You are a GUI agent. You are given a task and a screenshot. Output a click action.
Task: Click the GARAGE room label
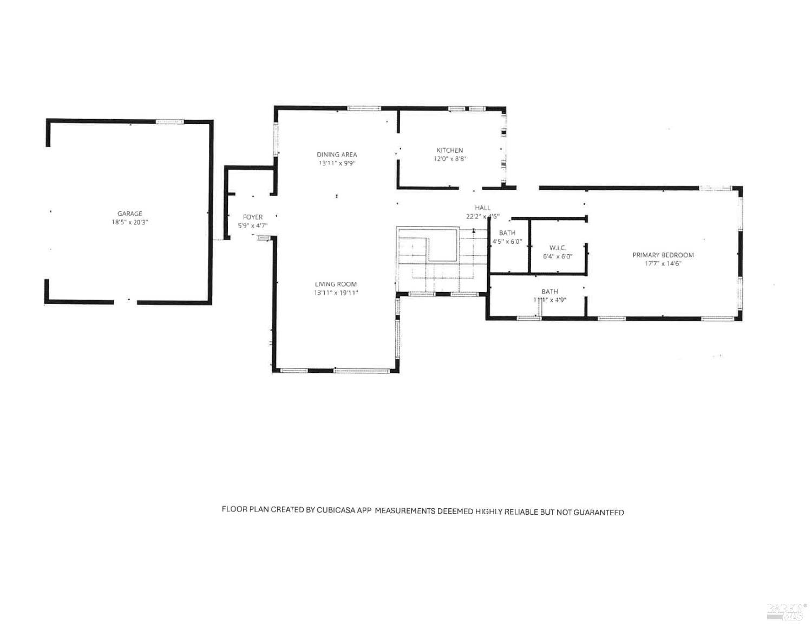pos(130,213)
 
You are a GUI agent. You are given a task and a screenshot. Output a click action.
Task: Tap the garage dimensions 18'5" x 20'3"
pos(130,222)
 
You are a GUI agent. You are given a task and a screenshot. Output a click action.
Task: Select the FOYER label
pos(253,217)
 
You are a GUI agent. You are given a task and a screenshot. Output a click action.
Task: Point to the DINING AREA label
pos(337,154)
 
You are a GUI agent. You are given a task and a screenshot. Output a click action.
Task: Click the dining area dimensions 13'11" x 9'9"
pos(337,163)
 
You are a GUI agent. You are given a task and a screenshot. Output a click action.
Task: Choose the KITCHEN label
pos(450,150)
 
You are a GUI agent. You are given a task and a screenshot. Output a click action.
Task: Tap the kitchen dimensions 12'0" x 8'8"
pos(450,159)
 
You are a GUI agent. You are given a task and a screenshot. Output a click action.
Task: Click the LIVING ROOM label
pos(336,284)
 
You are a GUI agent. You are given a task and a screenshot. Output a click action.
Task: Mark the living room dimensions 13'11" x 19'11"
pos(336,293)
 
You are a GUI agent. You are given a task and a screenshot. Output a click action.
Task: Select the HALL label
pos(482,208)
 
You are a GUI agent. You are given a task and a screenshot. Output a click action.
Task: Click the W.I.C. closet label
pos(558,248)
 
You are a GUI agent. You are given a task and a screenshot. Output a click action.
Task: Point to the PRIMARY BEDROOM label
pos(663,255)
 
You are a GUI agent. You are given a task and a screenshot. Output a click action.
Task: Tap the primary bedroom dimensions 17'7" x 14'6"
pos(663,263)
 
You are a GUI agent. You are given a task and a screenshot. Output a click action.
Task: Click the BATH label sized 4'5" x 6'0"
pos(507,233)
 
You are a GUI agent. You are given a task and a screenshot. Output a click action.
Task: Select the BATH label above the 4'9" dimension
pos(549,292)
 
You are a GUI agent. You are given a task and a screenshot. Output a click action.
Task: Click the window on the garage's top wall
pos(170,122)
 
